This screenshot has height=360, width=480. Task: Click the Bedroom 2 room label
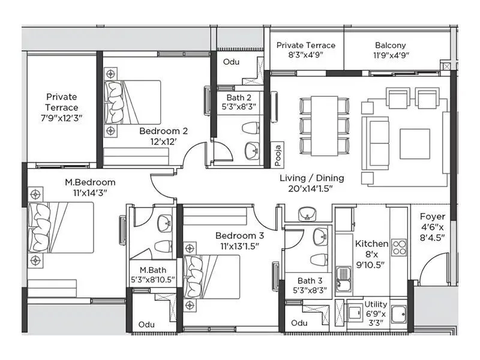(x=164, y=131)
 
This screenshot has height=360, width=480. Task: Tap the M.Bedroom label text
(x=90, y=182)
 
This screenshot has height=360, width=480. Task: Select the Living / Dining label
(x=312, y=178)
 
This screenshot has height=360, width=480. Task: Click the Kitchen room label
(x=371, y=244)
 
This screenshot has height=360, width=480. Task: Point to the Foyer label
(x=432, y=217)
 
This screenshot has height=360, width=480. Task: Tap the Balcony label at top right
(x=390, y=45)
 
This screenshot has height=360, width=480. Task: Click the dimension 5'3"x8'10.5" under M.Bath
(x=148, y=280)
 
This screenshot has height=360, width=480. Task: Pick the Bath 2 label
(x=238, y=97)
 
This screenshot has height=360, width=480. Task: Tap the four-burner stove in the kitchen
(x=398, y=247)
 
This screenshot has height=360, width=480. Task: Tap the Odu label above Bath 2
(x=231, y=62)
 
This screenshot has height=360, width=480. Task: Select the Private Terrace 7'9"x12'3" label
(x=62, y=107)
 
